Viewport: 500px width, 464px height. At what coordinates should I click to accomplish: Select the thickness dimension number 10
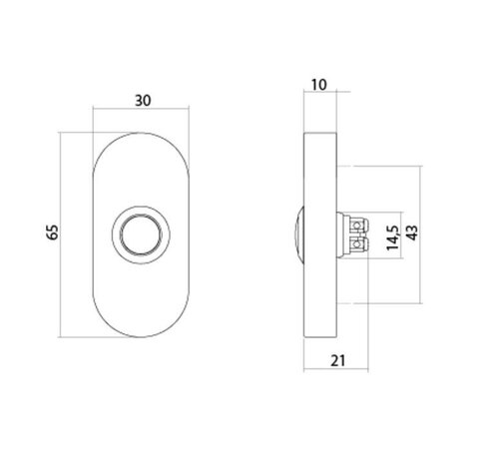[319, 87]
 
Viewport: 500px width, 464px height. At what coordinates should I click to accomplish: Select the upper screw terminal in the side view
[359, 225]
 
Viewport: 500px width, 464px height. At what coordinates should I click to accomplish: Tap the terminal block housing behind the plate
[349, 234]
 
